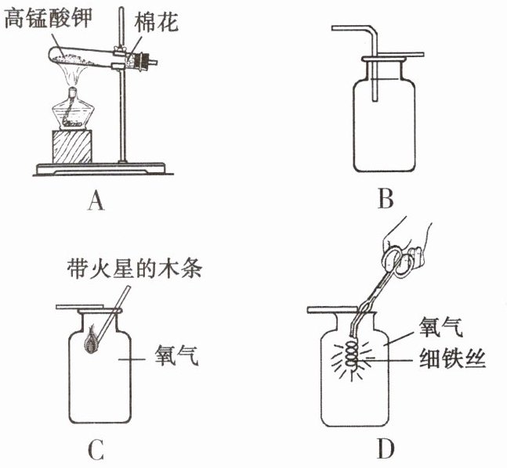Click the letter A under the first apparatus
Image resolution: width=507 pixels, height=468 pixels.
(x=96, y=202)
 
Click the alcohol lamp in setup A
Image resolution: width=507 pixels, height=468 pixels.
(x=75, y=112)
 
